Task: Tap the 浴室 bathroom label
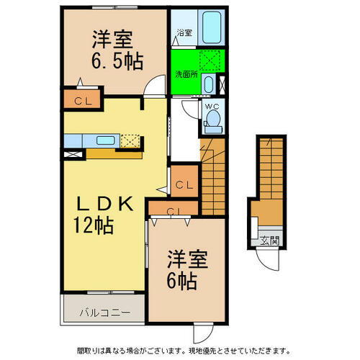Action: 184,32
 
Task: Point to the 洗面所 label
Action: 186,73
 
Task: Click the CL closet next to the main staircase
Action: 183,185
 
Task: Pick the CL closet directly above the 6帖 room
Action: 174,211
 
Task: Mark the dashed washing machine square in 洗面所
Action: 210,62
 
